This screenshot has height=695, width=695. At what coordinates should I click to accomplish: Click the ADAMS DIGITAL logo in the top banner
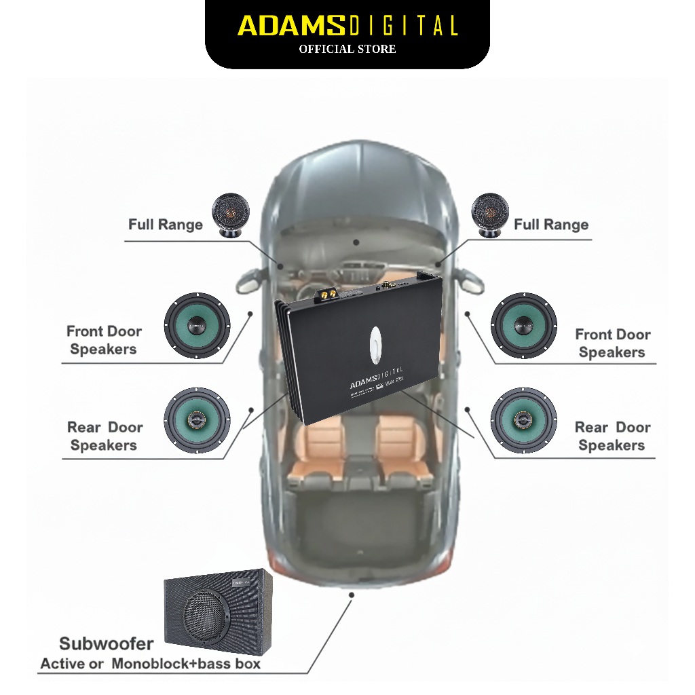(347, 26)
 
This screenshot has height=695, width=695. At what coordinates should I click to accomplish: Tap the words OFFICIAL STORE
(347, 49)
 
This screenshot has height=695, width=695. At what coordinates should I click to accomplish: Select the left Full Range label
(166, 225)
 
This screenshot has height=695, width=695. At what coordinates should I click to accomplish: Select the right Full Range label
(551, 225)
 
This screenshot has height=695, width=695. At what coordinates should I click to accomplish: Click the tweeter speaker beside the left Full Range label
(231, 214)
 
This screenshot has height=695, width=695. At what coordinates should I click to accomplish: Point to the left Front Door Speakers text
(104, 340)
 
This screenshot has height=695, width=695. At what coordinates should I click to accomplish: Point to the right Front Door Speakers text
(612, 343)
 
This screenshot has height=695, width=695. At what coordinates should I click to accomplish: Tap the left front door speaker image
(198, 326)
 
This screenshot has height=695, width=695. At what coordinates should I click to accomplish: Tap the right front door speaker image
(524, 326)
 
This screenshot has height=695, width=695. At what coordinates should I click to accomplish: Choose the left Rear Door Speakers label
(105, 436)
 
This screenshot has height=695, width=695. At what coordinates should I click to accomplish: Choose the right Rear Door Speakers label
(612, 436)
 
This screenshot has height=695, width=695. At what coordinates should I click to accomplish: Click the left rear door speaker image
(198, 421)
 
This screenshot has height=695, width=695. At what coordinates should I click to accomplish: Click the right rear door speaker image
(524, 421)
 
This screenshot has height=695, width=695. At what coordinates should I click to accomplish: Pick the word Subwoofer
(107, 643)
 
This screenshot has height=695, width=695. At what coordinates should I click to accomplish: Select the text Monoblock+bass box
(186, 663)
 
